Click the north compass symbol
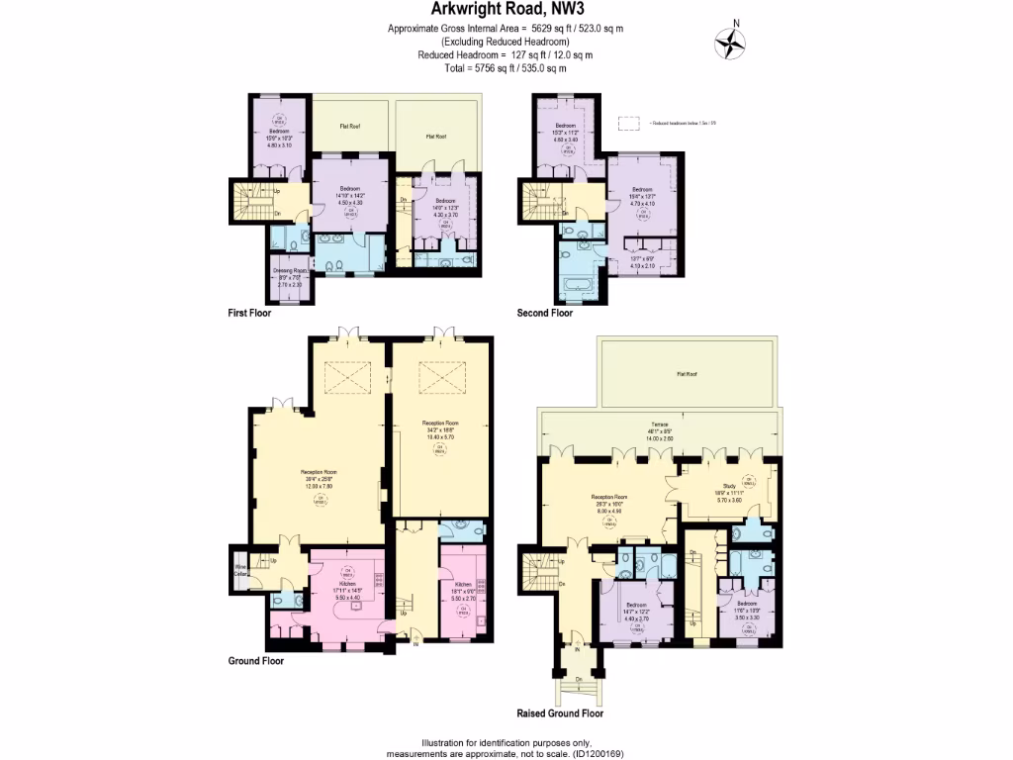731,41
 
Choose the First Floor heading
251,313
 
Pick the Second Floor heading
545,313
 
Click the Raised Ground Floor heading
560,712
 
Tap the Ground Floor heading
256,661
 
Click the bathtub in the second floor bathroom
577,289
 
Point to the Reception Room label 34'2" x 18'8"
439,431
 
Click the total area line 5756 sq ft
506,68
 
